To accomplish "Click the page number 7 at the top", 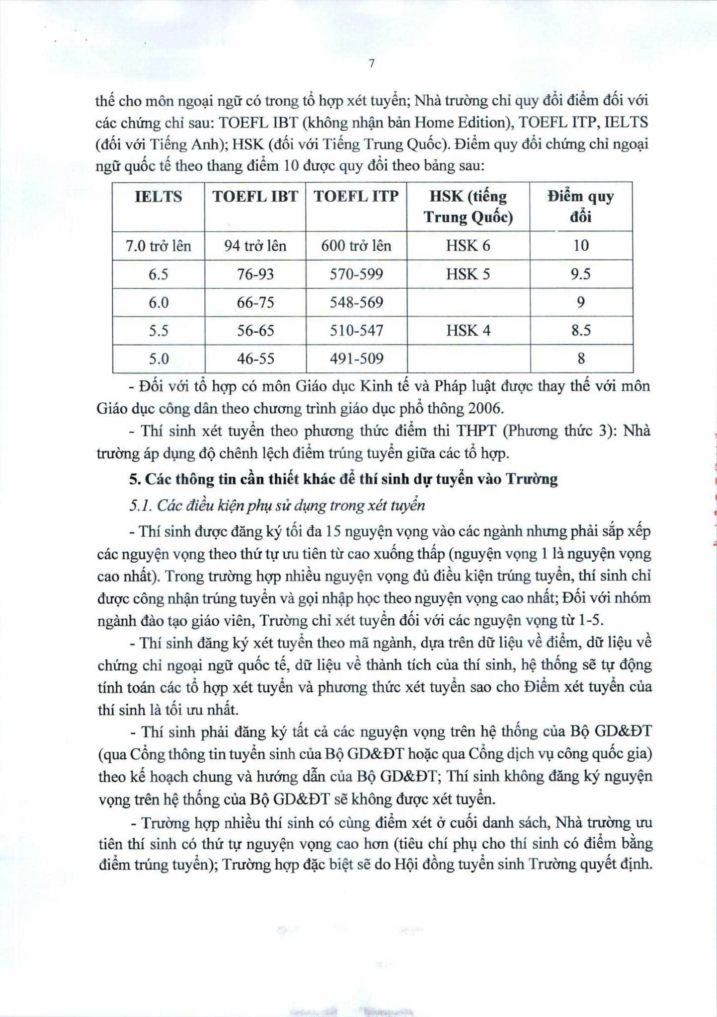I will (371, 64).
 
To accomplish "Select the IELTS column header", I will (159, 197).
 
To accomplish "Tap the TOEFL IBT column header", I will (255, 197).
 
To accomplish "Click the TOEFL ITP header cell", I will (356, 197).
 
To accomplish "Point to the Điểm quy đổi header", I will (580, 207).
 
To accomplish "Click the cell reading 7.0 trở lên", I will (159, 246).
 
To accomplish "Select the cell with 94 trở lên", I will (255, 246).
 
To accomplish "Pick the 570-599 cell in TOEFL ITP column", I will (356, 274).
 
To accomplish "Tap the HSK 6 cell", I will (468, 246).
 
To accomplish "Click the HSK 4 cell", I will (468, 330).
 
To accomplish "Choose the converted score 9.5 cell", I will (580, 274).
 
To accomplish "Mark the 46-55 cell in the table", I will (255, 359).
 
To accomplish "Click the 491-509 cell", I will (356, 359).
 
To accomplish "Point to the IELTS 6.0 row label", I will (159, 302).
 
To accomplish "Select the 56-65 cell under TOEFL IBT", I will (255, 330).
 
